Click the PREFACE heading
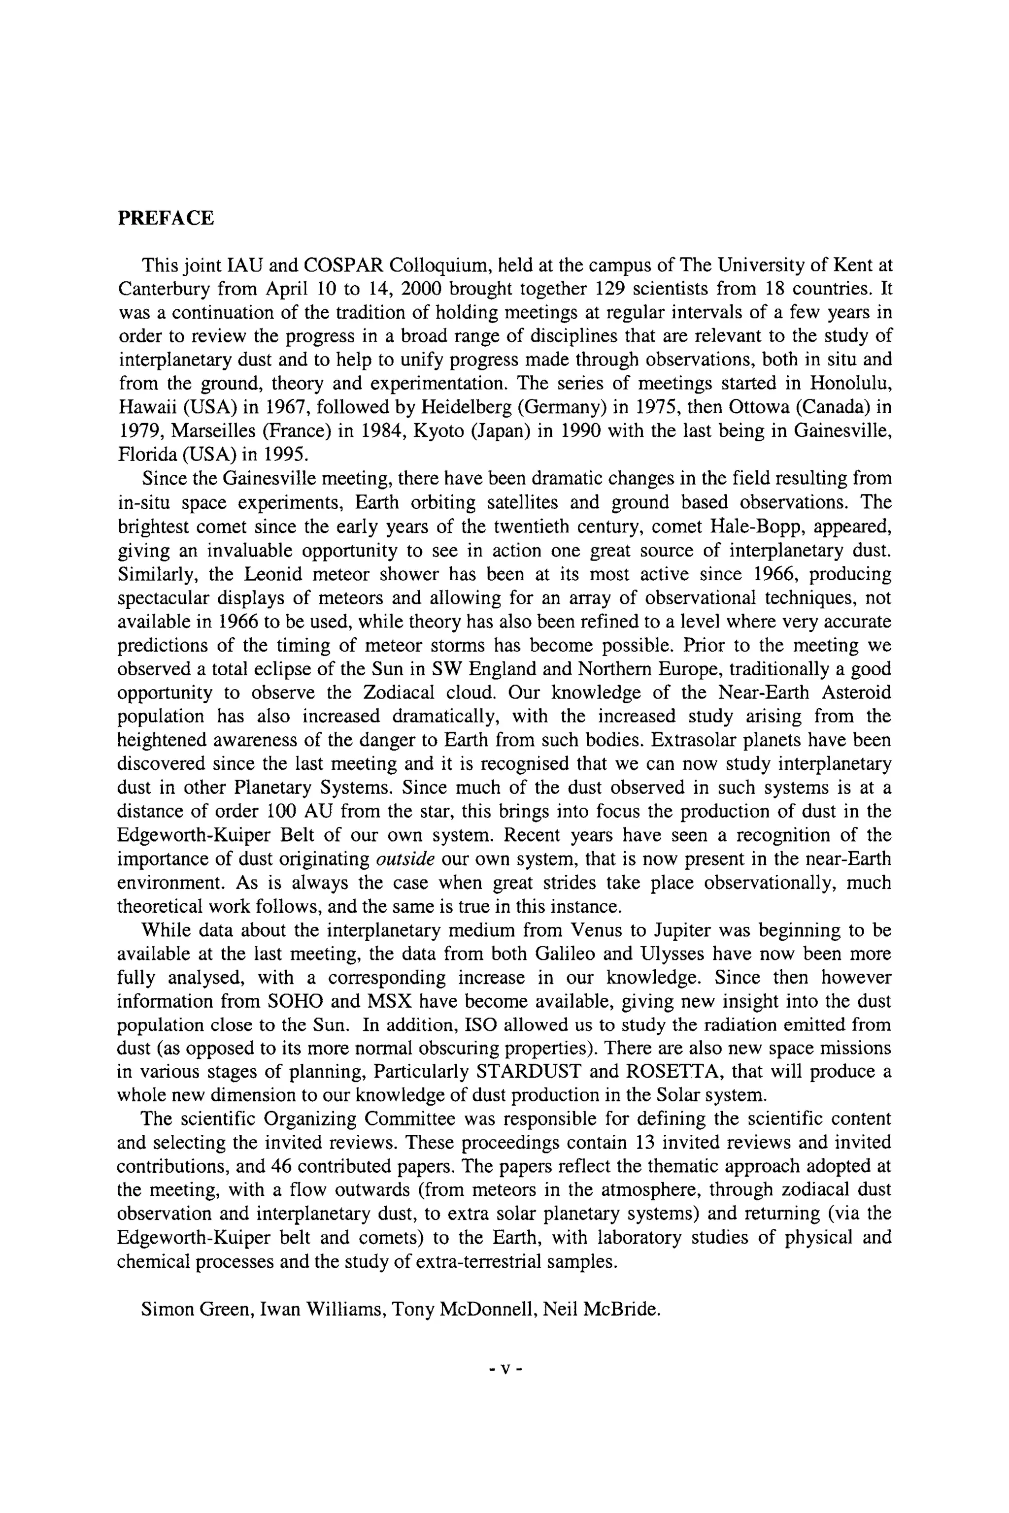pos(166,218)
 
